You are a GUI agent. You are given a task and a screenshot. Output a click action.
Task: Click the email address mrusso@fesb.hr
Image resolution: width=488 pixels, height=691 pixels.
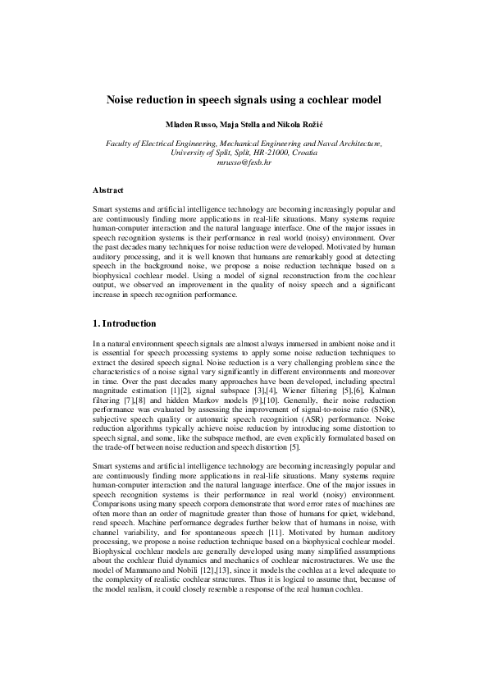click(x=244, y=163)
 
